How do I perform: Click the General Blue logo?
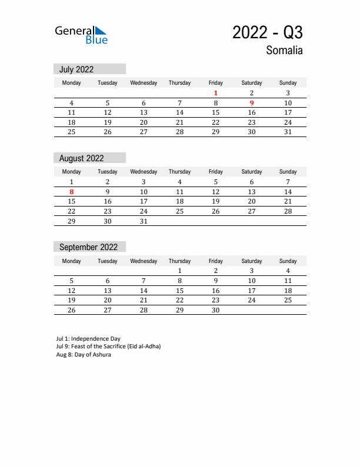(x=81, y=35)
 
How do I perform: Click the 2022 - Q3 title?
(x=267, y=32)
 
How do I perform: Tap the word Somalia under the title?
(x=284, y=51)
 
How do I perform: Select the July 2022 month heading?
(x=76, y=69)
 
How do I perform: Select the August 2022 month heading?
(x=81, y=158)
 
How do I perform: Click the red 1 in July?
(x=216, y=93)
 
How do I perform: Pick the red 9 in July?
(x=252, y=103)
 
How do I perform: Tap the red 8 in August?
(x=72, y=192)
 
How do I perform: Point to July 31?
(x=288, y=132)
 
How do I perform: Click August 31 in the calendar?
(x=144, y=222)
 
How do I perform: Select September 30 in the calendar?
(x=216, y=311)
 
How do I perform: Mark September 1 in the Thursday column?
(x=180, y=271)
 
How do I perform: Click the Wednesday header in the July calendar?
(x=144, y=83)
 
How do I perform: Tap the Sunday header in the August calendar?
(x=288, y=172)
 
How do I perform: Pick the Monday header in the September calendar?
(x=72, y=261)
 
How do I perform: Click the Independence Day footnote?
(x=88, y=339)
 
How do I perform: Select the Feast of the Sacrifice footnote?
(x=108, y=347)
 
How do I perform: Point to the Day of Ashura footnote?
(x=84, y=355)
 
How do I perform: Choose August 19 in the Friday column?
(x=216, y=201)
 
